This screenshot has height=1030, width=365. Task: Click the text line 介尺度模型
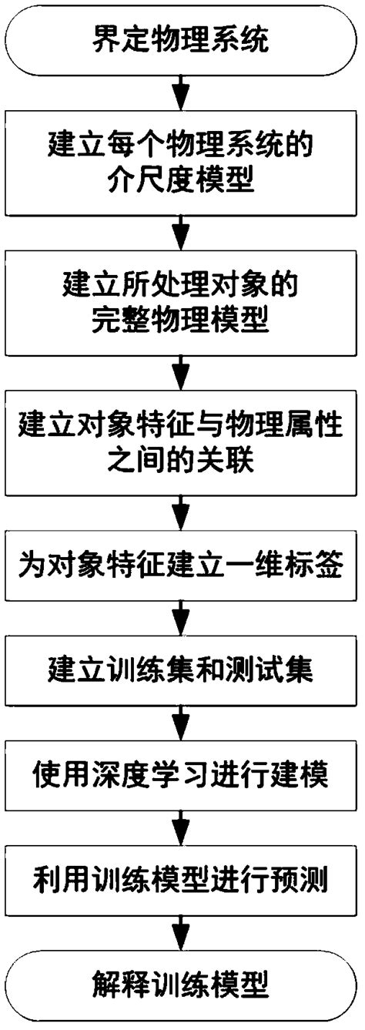[x=182, y=179]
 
